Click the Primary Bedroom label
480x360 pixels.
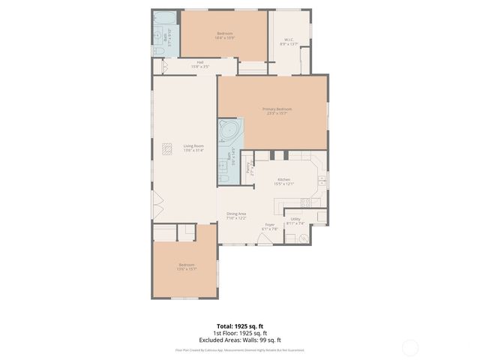tap(277, 109)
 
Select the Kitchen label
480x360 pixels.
tap(283, 179)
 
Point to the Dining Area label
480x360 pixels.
tap(237, 214)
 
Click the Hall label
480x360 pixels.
tap(200, 62)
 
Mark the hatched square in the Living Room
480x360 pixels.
tap(166, 148)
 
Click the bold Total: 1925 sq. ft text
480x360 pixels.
tap(239, 326)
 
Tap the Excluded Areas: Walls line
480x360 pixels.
tap(239, 340)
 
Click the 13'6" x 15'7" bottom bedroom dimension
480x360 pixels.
tap(186, 268)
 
